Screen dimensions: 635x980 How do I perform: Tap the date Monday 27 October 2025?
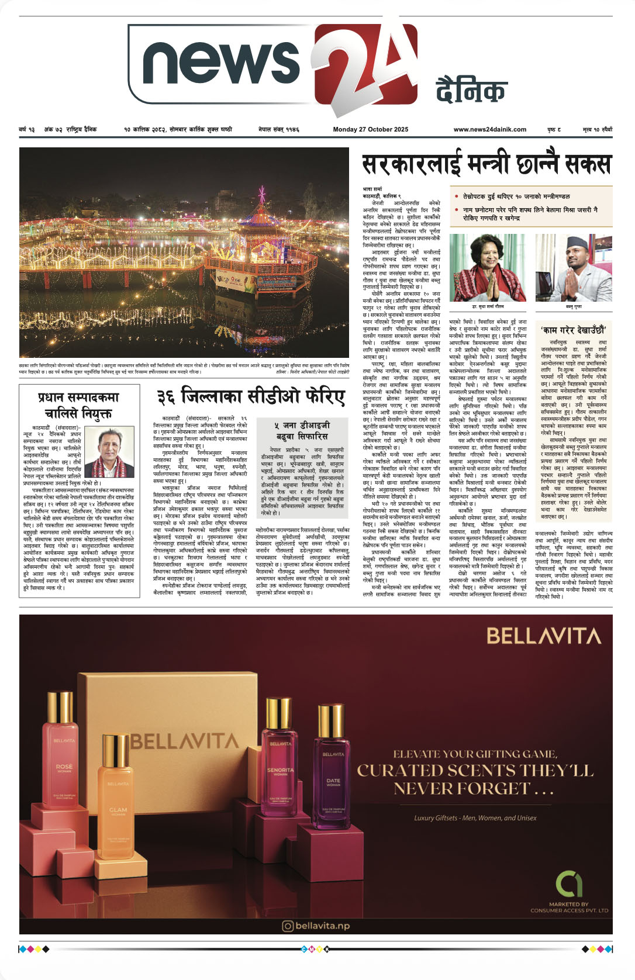pyautogui.click(x=371, y=129)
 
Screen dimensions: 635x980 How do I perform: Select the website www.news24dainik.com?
pyautogui.click(x=489, y=129)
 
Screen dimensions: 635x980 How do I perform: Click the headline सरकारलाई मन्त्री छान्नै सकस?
pyautogui.click(x=486, y=165)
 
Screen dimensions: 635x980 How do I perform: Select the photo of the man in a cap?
pyautogui.click(x=573, y=268)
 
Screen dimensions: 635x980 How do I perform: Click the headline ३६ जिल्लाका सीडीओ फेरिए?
pyautogui.click(x=251, y=397)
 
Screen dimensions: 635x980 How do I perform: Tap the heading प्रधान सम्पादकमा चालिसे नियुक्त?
pyautogui.click(x=78, y=405)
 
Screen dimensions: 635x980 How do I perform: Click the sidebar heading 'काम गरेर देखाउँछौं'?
pyautogui.click(x=573, y=330)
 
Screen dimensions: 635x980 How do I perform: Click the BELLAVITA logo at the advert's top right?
pyautogui.click(x=544, y=636)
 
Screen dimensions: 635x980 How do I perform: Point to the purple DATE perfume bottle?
pyautogui.click(x=333, y=772)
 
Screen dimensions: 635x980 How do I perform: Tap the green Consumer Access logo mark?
pyautogui.click(x=568, y=884)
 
